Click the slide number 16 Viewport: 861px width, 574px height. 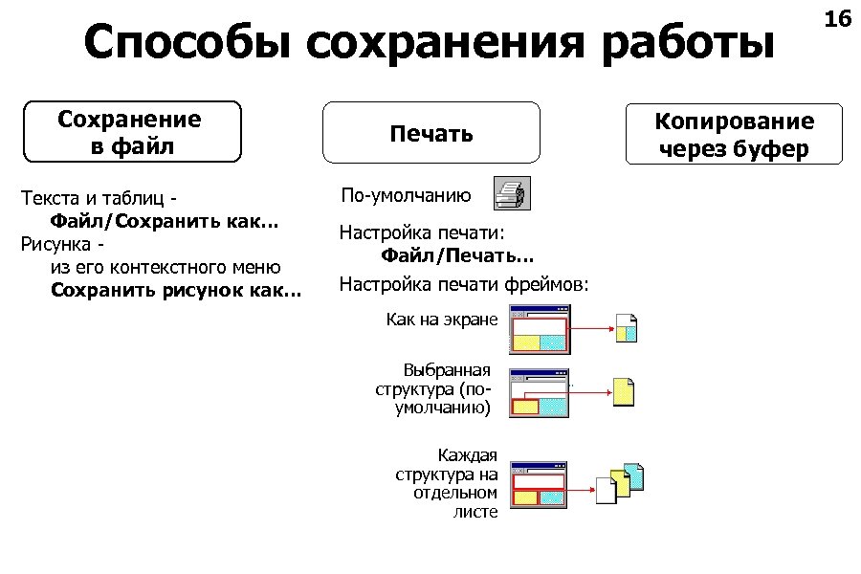pyautogui.click(x=837, y=19)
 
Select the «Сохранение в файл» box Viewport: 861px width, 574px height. pyautogui.click(x=130, y=132)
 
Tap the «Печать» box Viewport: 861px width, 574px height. pyautogui.click(x=430, y=133)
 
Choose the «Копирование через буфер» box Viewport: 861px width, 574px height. pyautogui.click(x=734, y=134)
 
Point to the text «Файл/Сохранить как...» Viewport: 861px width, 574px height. pyautogui.click(x=164, y=222)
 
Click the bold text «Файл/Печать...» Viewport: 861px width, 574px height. pyautogui.click(x=457, y=255)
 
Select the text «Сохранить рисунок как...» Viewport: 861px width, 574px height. pyautogui.click(x=175, y=289)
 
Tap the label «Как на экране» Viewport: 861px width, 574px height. pyautogui.click(x=442, y=319)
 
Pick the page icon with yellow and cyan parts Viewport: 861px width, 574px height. pyautogui.click(x=626, y=328)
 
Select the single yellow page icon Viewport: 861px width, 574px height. pyautogui.click(x=624, y=390)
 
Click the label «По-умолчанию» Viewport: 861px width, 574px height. pyautogui.click(x=406, y=195)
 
